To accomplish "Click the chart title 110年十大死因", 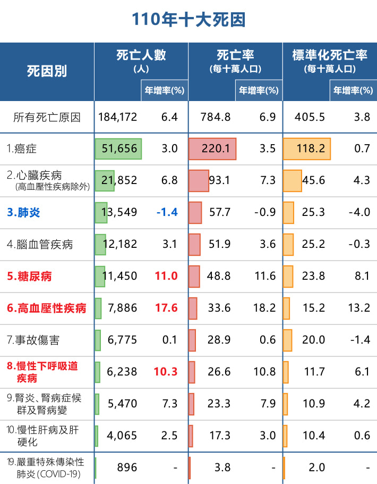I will (188, 20).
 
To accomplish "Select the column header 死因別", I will (47, 72).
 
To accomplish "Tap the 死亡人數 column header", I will (141, 55).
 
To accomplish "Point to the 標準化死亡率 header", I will (329, 55).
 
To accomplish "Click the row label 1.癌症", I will (22, 149).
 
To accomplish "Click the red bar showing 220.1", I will (212, 149).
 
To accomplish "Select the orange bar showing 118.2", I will (306, 149).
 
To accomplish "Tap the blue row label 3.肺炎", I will (23, 213).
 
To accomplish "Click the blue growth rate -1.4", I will (167, 213).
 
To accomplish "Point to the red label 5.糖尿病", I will (29, 277).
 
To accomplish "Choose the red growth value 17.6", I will (166, 308).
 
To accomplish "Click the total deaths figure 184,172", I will (118, 117).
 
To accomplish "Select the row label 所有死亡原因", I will (47, 117).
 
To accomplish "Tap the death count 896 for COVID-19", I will (127, 468).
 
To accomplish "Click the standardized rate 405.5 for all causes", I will (307, 117).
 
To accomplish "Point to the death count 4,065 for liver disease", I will (122, 436).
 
